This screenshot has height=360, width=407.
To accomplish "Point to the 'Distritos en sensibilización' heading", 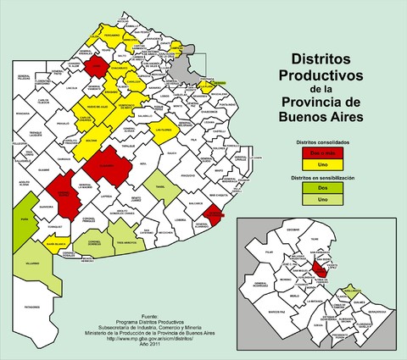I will click(x=322, y=180).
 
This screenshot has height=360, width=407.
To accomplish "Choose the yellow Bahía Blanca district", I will click(x=57, y=243).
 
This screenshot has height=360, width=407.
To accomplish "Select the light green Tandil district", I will click(x=162, y=187).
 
